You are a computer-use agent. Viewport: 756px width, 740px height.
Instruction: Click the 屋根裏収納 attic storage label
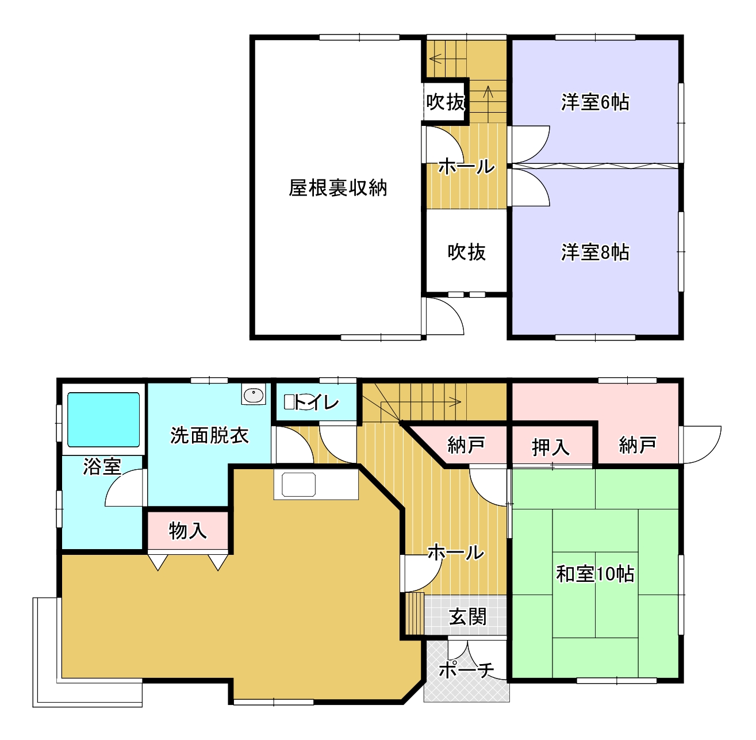pyautogui.click(x=338, y=188)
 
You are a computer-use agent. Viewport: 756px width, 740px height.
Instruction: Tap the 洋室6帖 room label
pyautogui.click(x=595, y=102)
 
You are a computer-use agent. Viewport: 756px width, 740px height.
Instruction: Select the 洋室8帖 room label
pyautogui.click(x=595, y=252)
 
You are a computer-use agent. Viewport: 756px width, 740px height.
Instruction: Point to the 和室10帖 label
pyautogui.click(x=595, y=574)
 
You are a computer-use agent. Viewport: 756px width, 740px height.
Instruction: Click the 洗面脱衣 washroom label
pyautogui.click(x=209, y=435)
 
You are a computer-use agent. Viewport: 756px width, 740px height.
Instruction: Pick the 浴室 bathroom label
pyautogui.click(x=102, y=466)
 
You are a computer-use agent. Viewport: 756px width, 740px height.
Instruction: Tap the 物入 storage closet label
pyautogui.click(x=187, y=531)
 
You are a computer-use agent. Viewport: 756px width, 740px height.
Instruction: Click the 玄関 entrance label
pyautogui.click(x=467, y=616)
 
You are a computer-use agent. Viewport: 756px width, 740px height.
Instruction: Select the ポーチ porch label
pyautogui.click(x=466, y=670)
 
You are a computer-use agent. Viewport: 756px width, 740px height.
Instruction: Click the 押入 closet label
pyautogui.click(x=551, y=447)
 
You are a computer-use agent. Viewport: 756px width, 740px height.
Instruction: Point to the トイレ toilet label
pyautogui.click(x=316, y=402)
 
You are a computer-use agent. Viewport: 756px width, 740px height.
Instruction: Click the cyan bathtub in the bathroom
pyautogui.click(x=103, y=419)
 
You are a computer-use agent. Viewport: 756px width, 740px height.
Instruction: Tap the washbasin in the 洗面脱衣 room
pyautogui.click(x=253, y=394)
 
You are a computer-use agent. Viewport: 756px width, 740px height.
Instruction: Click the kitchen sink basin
pyautogui.click(x=298, y=485)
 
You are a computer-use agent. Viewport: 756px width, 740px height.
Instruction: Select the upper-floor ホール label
pyautogui.click(x=466, y=167)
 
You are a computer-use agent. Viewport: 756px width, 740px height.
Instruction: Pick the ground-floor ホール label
pyautogui.click(x=456, y=553)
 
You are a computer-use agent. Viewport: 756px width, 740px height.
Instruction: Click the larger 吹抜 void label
pyautogui.click(x=467, y=252)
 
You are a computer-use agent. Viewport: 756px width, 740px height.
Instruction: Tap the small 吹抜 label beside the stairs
pyautogui.click(x=446, y=102)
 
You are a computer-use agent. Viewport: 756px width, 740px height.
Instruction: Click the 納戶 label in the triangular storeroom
pyautogui.click(x=466, y=445)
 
